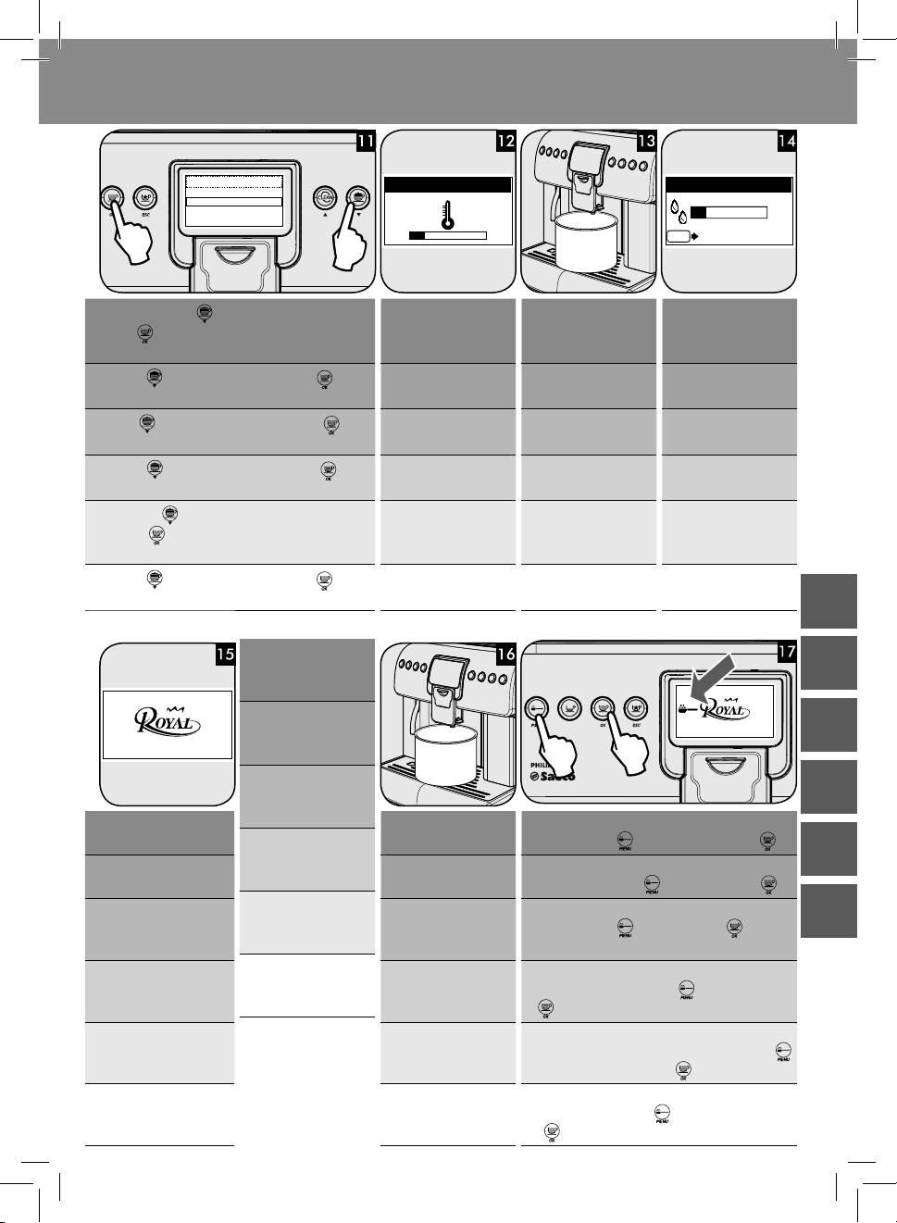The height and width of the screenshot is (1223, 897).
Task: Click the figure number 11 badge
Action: click(x=366, y=142)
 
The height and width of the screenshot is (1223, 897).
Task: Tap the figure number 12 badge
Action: click(x=505, y=142)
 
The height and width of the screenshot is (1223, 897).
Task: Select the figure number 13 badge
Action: click(x=646, y=142)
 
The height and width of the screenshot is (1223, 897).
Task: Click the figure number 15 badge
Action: click(x=225, y=654)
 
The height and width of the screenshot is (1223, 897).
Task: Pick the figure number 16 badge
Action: click(x=505, y=654)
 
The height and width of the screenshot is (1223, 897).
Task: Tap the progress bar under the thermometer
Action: click(x=448, y=235)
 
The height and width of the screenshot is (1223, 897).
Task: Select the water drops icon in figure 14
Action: click(x=679, y=210)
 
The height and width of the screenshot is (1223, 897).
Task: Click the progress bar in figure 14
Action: click(x=729, y=212)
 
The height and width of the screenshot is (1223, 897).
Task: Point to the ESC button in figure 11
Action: click(x=144, y=198)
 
